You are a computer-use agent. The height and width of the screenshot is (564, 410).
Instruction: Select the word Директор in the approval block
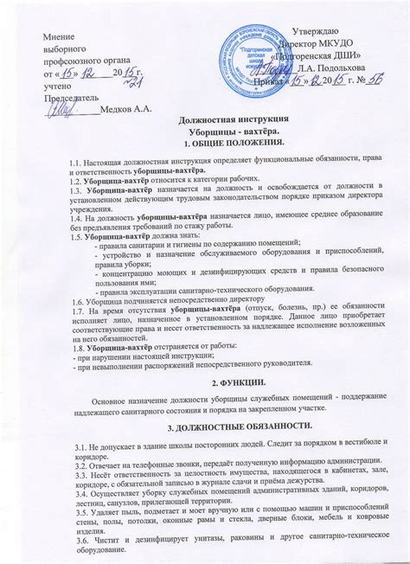coord(299,43)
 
